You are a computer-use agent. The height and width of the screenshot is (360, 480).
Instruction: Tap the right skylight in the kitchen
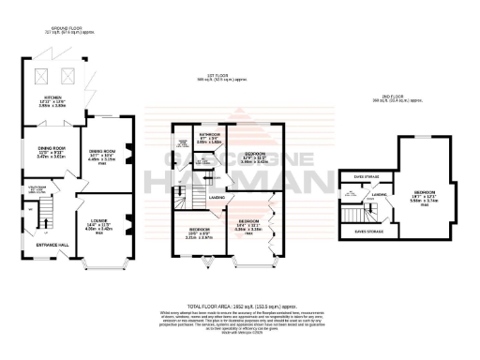tap(67, 74)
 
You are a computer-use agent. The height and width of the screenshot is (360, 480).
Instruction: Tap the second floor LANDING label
tap(380, 196)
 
